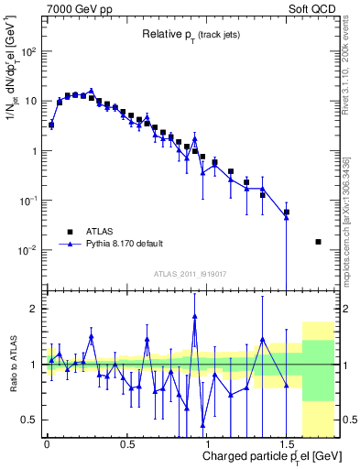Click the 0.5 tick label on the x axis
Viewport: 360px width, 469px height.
click(126, 443)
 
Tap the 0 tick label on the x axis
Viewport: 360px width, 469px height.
click(47, 443)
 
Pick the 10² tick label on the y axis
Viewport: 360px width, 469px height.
click(28, 51)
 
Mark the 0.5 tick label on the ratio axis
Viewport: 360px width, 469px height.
click(31, 420)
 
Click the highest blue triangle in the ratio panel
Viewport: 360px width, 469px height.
click(195, 318)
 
